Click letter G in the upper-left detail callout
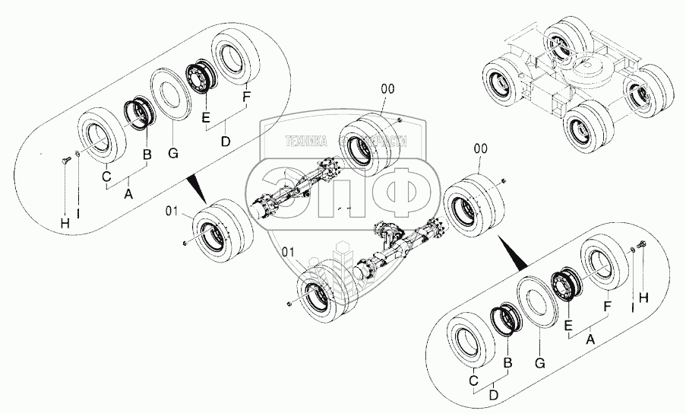(172, 154)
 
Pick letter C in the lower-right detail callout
(472, 381)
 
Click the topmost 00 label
(387, 89)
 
